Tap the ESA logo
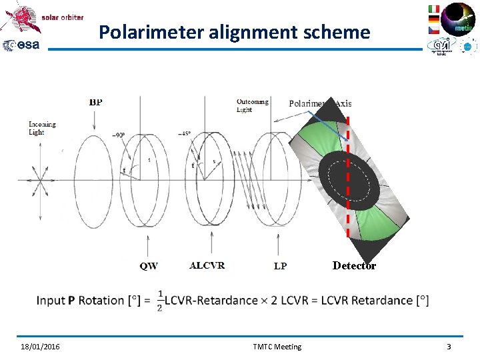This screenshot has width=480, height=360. [21, 45]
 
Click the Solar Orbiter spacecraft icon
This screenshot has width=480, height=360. [19, 17]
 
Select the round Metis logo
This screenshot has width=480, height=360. [459, 19]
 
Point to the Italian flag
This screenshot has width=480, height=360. [434, 9]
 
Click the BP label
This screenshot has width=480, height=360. [95, 102]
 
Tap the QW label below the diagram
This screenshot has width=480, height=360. [149, 266]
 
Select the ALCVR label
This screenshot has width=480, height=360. [207, 265]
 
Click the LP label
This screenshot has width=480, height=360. [280, 266]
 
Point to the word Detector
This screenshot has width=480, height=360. [354, 266]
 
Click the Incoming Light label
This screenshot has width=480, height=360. [42, 128]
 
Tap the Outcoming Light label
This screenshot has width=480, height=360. [253, 105]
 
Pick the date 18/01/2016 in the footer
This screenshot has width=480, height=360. [39, 347]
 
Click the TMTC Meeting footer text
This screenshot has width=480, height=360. [277, 347]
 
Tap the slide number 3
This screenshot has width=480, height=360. [449, 347]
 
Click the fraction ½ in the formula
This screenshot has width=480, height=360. [160, 300]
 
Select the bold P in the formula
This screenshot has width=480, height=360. [71, 301]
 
